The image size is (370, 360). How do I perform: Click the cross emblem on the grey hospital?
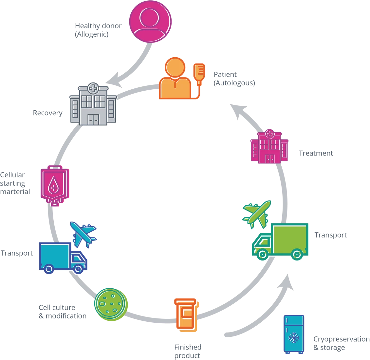coord(93,89)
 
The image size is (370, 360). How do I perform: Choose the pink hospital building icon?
coord(269,147)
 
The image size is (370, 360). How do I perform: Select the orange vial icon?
coord(186,314)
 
